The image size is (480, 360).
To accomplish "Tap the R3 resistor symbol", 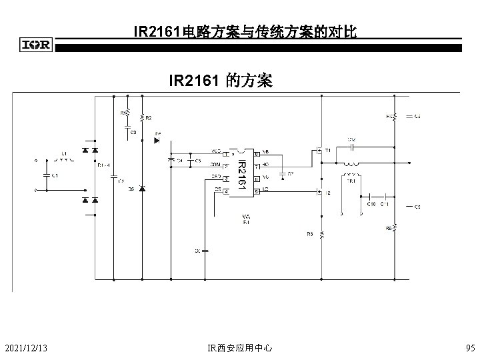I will pos(321,235).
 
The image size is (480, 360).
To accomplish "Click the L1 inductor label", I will pos(64,153).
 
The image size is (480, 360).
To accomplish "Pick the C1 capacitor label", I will pos(55,175).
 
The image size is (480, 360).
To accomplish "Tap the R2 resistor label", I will pos(149,118).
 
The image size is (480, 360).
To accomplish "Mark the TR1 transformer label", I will pos(350,180).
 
